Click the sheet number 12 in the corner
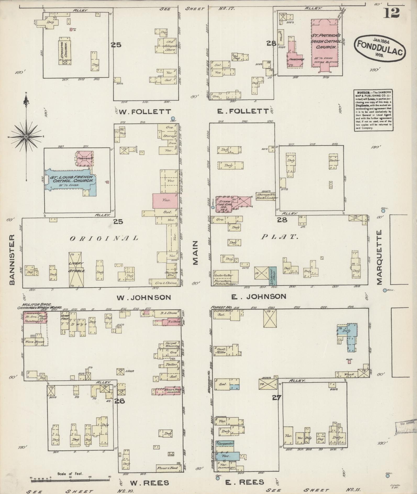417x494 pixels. (392, 12)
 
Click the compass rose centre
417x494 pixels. (26, 137)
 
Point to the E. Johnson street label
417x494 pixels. (258, 296)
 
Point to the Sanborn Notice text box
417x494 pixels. (373, 110)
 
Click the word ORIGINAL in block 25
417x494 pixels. (104, 238)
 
